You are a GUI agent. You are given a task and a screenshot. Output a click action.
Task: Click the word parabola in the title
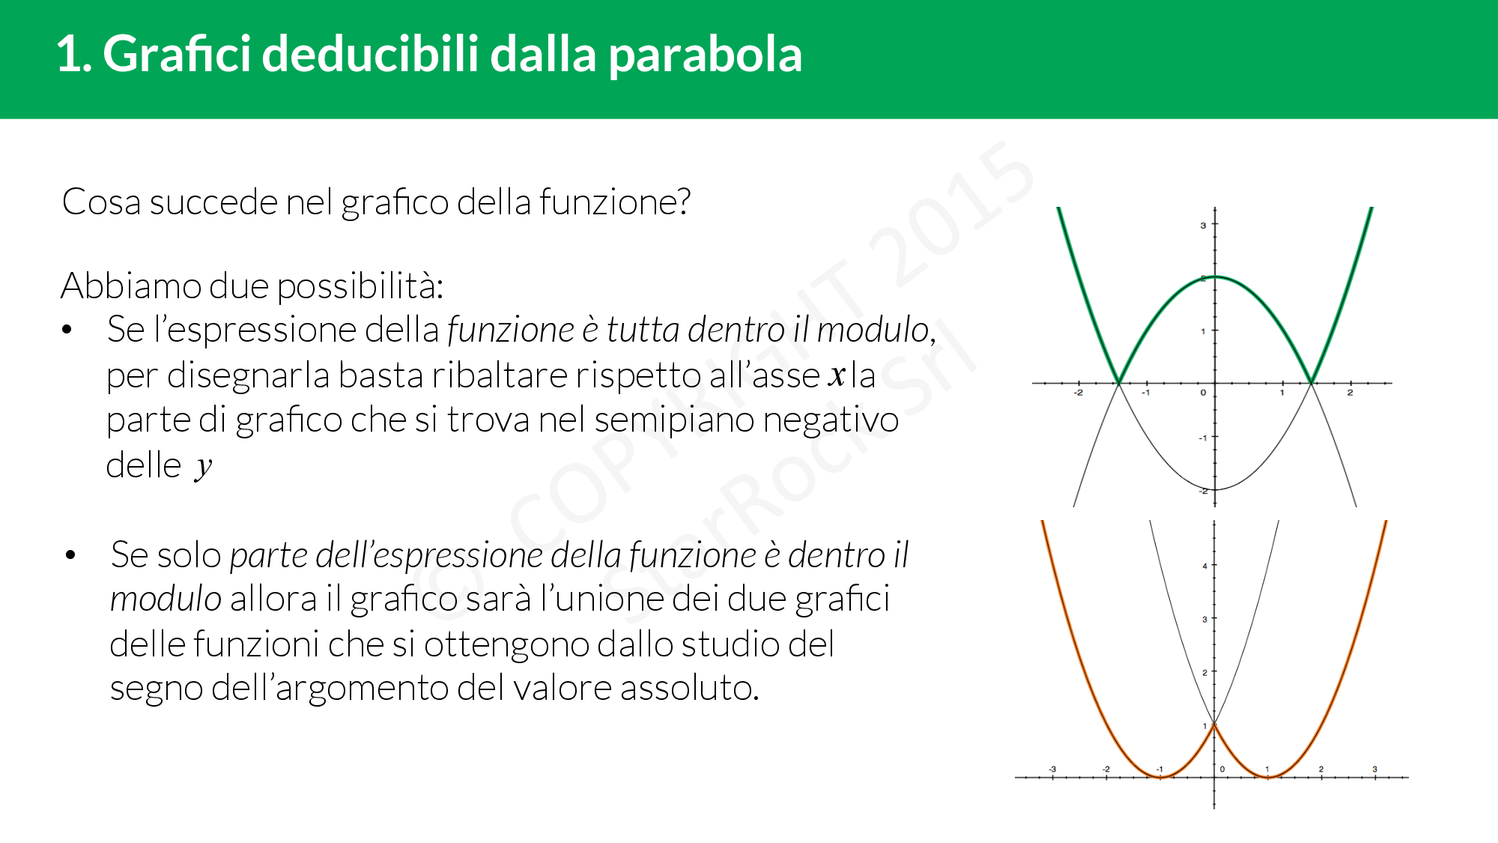(706, 55)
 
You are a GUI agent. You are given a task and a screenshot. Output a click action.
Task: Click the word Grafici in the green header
(177, 54)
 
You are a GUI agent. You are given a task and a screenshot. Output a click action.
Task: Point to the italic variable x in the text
(837, 375)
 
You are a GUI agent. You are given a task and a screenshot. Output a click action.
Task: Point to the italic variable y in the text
(203, 468)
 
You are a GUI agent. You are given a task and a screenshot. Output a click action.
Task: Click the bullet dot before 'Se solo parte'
(70, 555)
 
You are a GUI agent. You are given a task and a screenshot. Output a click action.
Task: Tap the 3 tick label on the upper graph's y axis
(1204, 225)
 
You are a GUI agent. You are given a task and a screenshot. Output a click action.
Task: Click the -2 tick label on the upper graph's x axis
(1079, 393)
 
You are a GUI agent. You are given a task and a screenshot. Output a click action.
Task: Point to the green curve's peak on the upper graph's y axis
(1215, 277)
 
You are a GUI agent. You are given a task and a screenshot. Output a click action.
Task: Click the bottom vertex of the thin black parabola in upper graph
(1215, 489)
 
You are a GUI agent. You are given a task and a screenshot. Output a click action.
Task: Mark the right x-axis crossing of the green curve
(1311, 383)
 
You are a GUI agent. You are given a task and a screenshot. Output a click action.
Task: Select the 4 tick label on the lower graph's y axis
(1204, 566)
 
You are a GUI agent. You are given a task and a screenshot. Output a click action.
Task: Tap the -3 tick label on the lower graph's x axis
(1052, 769)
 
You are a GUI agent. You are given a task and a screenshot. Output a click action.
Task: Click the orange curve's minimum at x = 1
(1268, 777)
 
